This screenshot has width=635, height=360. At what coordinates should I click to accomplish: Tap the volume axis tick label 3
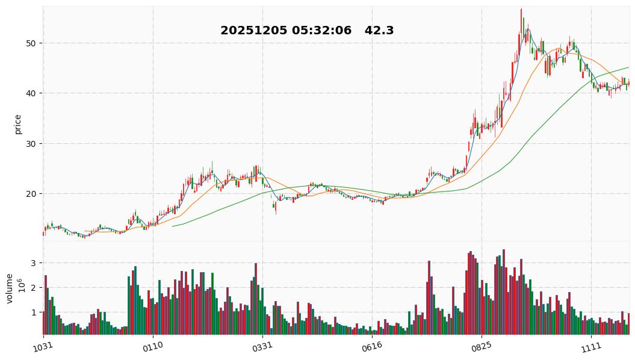(34, 263)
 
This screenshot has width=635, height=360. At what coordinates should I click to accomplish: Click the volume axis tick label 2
(34, 288)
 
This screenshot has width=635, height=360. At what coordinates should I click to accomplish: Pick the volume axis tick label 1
(34, 312)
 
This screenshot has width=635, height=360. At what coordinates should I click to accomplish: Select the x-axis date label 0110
(152, 346)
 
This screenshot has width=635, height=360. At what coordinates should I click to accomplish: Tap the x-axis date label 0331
(262, 346)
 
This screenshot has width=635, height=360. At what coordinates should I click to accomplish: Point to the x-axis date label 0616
(371, 346)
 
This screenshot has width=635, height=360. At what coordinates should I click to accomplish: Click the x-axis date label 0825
(481, 346)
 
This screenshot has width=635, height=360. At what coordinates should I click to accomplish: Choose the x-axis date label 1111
(590, 346)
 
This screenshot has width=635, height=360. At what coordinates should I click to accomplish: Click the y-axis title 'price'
(17, 124)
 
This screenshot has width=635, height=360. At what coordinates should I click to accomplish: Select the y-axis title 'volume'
(10, 288)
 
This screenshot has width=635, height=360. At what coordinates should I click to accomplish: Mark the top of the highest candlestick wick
(521, 8)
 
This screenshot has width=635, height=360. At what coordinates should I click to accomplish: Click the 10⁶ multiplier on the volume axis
(21, 285)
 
